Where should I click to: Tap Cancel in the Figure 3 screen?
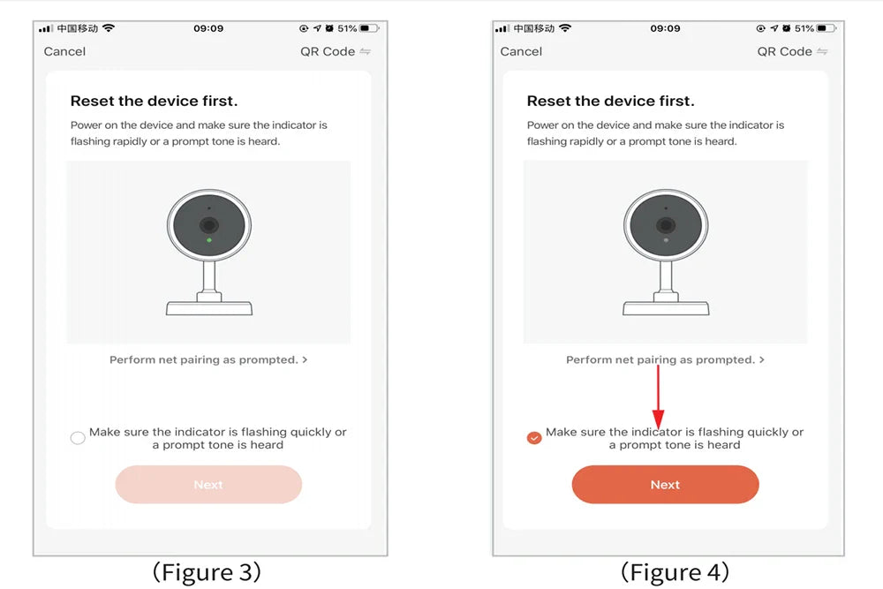(x=64, y=52)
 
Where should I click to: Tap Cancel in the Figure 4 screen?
(x=521, y=52)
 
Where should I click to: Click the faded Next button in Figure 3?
(x=208, y=484)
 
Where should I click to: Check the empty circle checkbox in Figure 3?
(x=78, y=437)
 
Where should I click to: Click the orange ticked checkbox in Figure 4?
(x=534, y=437)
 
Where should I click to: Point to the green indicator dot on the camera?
(x=209, y=240)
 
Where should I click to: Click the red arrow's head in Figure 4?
(x=658, y=419)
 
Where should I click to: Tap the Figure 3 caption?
(x=207, y=572)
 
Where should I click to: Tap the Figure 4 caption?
(x=675, y=572)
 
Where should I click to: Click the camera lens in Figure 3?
(x=209, y=225)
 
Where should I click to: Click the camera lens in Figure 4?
(x=666, y=225)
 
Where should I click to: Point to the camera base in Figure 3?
(x=209, y=308)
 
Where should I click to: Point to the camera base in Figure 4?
(x=666, y=308)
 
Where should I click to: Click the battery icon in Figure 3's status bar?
(x=369, y=28)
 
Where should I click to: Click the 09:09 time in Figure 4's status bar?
(x=665, y=28)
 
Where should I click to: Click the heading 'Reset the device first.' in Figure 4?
(x=610, y=101)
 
